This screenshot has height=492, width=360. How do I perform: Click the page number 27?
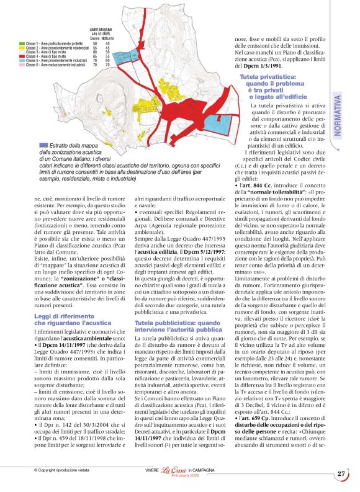[x=341, y=474]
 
